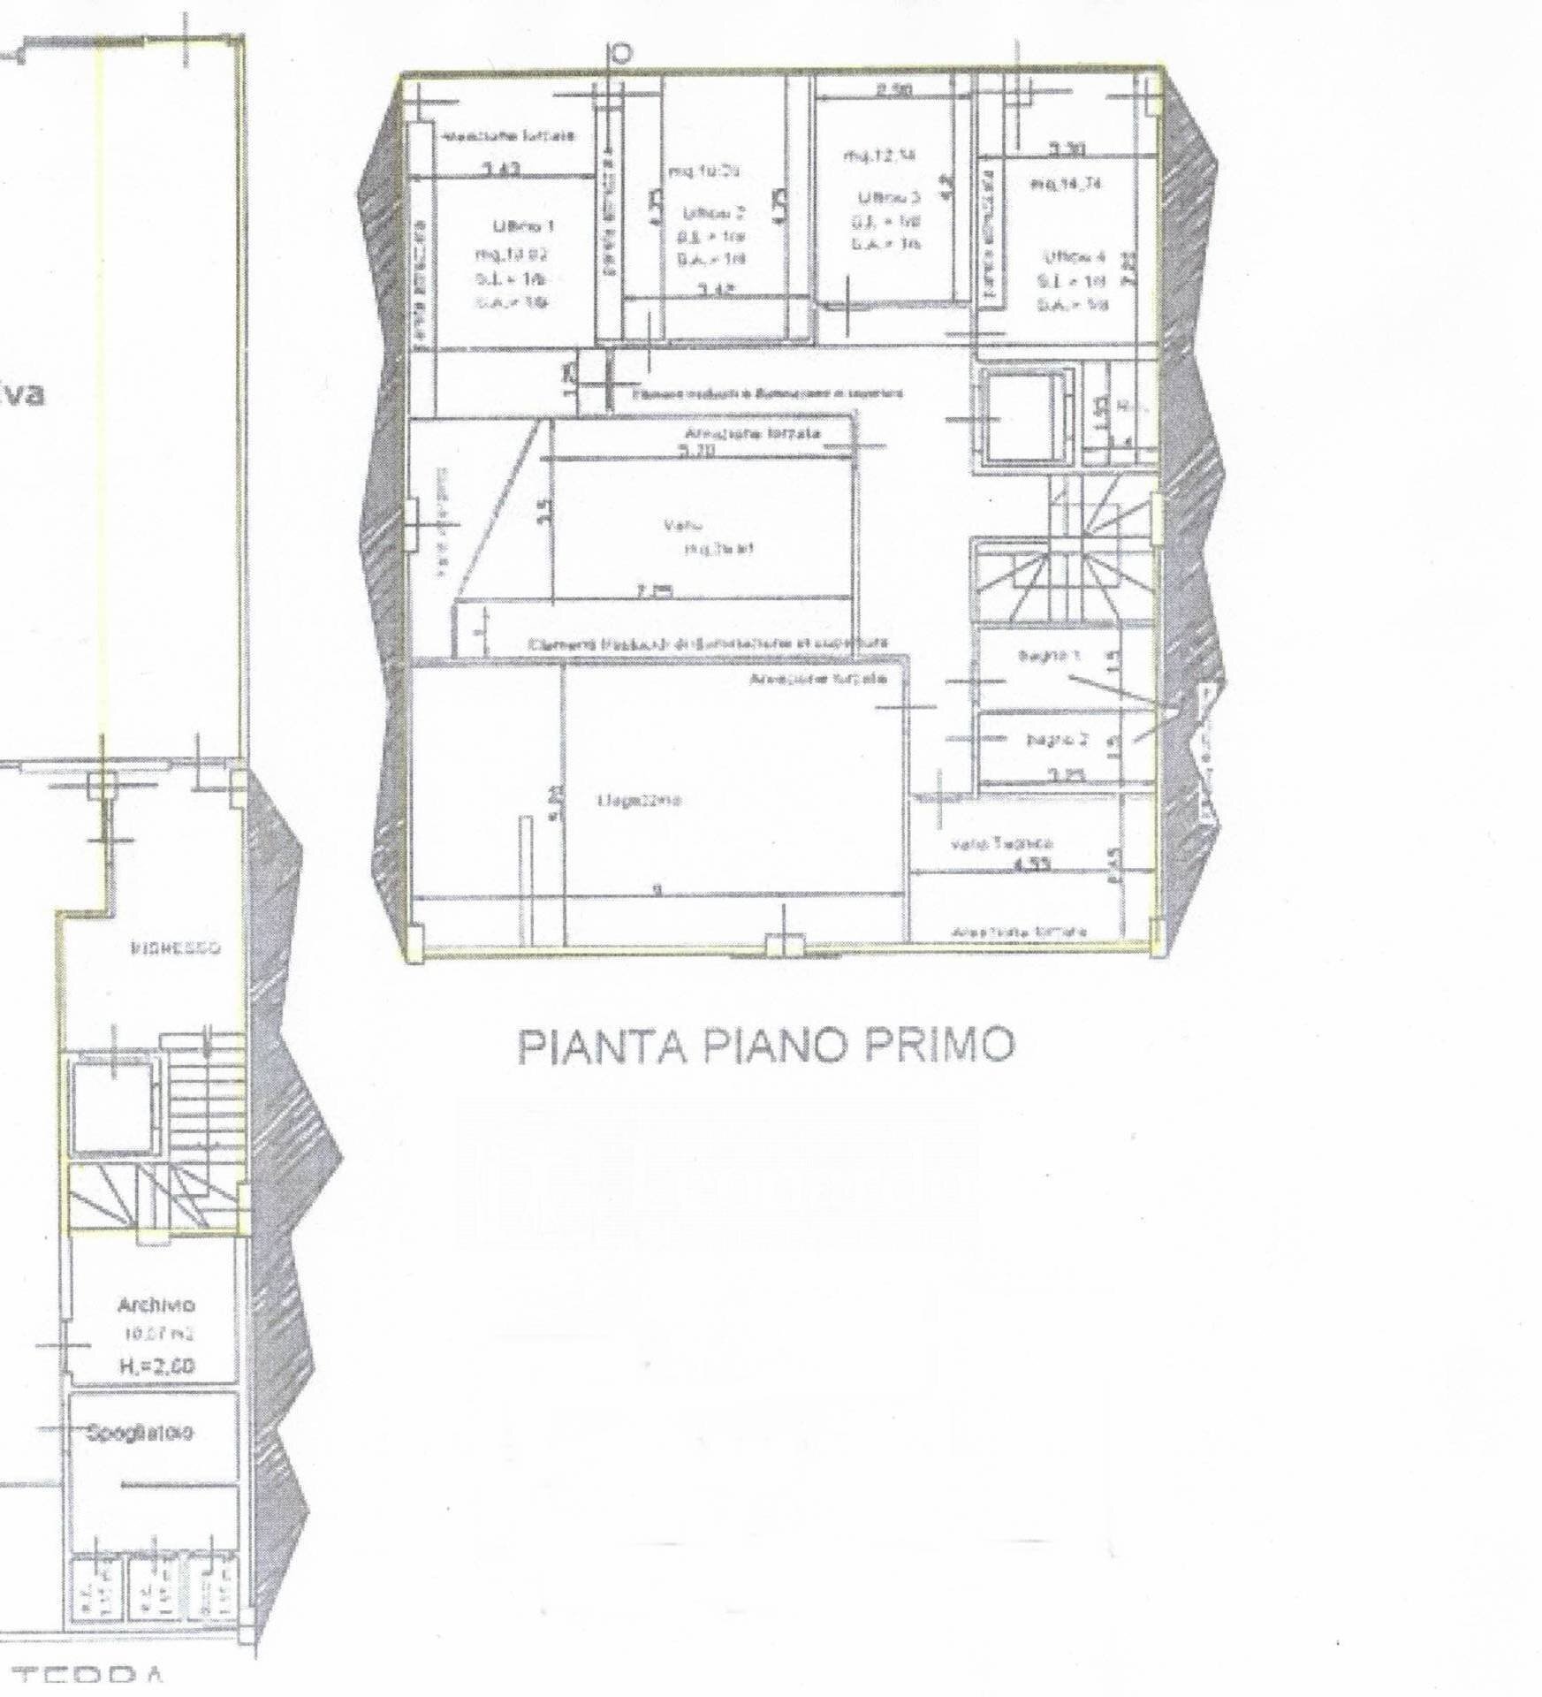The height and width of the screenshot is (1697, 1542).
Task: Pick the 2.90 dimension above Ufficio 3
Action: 893,89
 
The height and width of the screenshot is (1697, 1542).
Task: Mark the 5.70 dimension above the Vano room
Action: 698,452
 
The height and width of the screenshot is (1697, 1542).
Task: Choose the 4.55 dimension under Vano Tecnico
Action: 1031,865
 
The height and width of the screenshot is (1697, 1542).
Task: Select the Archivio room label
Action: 156,1305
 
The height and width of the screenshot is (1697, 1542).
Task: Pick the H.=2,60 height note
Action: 156,1366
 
